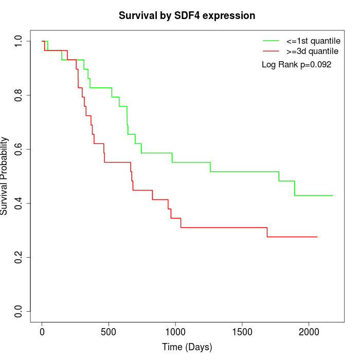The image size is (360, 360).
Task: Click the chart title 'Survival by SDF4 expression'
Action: point(187,15)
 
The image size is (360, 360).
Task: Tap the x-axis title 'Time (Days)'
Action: point(187,347)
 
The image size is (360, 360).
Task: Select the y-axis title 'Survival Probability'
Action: point(5,176)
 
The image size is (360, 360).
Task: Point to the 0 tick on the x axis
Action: point(42,332)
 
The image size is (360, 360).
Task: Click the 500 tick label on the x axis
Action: point(109,332)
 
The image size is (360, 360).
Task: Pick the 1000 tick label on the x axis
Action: point(175,332)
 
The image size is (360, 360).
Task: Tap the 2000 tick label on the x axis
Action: point(309,332)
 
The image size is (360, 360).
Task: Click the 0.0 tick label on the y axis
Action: point(19,311)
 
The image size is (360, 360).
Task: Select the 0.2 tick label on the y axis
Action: point(19,257)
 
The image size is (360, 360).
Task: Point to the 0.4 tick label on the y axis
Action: point(19,203)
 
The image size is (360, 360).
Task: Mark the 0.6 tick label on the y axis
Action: point(19,149)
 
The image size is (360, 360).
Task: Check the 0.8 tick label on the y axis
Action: point(19,95)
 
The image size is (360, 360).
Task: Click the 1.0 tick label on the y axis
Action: point(19,41)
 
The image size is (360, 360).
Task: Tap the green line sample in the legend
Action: point(271,40)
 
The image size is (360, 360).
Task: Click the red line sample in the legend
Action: point(271,51)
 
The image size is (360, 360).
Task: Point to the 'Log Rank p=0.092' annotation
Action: point(296,65)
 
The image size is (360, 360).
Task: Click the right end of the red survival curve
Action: point(317,237)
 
